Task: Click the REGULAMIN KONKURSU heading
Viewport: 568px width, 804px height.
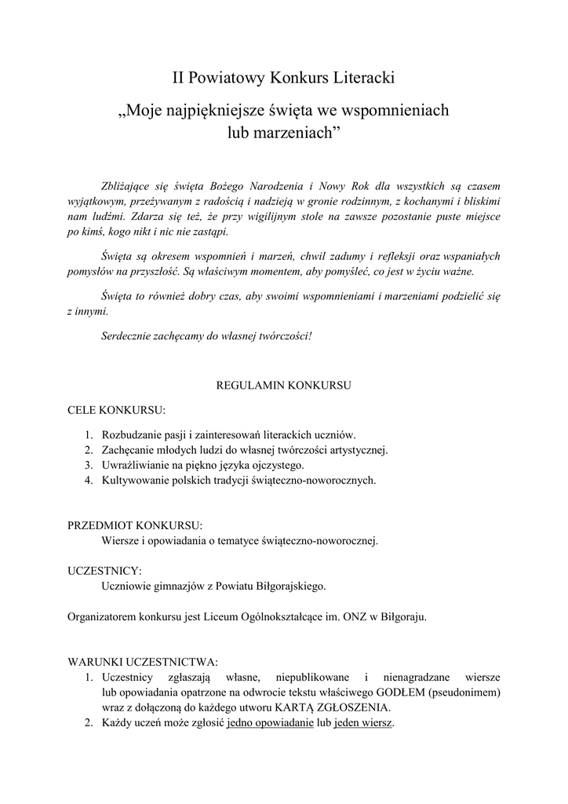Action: click(x=283, y=386)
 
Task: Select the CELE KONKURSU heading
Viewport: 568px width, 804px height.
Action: click(x=116, y=410)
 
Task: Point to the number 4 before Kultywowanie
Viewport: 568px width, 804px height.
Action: click(x=88, y=479)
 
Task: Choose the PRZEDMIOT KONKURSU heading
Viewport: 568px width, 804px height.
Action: click(x=135, y=524)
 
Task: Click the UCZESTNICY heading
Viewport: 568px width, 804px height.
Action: click(x=104, y=570)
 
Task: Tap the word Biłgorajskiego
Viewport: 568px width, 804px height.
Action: click(x=285, y=586)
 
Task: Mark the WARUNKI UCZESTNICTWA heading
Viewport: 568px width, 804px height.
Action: click(x=143, y=661)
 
